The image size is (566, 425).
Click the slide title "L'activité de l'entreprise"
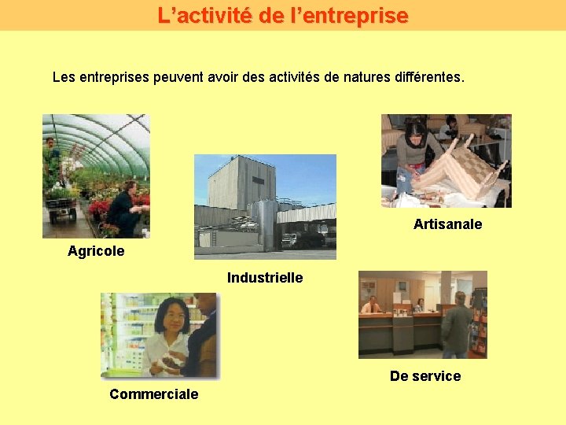click(x=283, y=15)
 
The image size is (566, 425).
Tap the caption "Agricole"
click(x=96, y=251)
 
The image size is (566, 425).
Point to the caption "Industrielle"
click(x=265, y=277)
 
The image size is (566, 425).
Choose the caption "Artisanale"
click(x=447, y=224)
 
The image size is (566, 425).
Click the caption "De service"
click(x=425, y=375)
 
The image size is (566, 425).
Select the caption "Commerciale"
click(x=153, y=394)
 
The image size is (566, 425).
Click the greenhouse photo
click(x=96, y=176)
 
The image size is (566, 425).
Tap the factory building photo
click(x=265, y=206)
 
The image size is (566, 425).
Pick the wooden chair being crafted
click(x=464, y=169)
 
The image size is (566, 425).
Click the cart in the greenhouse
click(x=61, y=206)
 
